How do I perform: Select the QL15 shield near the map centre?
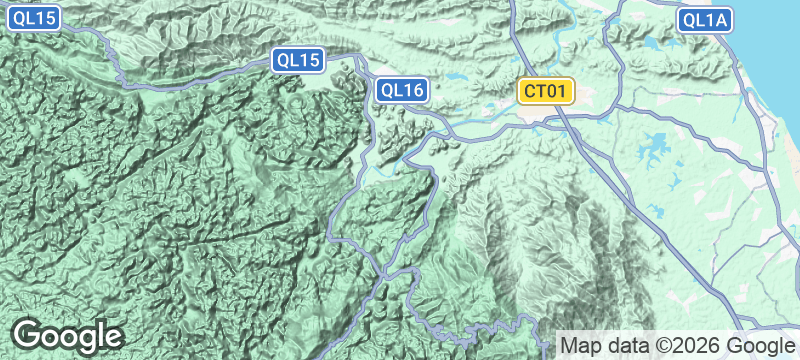(300, 60)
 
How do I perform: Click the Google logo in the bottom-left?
(67, 335)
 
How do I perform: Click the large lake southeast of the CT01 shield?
(655, 145)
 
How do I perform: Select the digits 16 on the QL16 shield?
(414, 91)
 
